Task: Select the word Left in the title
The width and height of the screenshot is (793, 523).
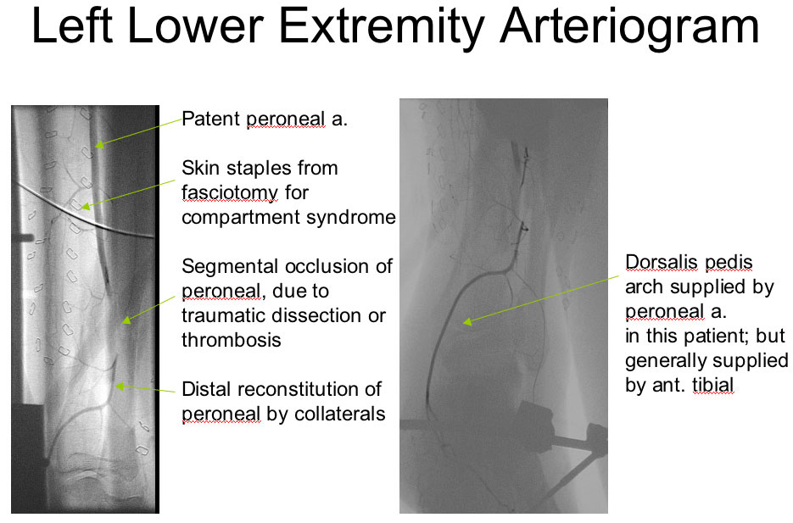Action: click(x=72, y=25)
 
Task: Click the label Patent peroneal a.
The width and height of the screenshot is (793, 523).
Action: click(x=265, y=120)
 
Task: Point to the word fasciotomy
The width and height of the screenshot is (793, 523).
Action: click(x=230, y=193)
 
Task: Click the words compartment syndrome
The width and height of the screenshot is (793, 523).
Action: click(x=288, y=217)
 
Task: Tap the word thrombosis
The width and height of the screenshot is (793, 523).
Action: click(x=232, y=340)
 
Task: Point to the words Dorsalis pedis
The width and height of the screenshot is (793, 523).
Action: click(x=689, y=263)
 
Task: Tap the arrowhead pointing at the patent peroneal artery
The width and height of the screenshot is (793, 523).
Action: click(x=99, y=144)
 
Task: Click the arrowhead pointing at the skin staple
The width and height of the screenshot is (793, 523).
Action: click(x=86, y=206)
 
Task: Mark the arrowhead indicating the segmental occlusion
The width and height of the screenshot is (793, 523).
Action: click(x=126, y=320)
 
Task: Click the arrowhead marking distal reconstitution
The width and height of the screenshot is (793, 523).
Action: click(x=120, y=386)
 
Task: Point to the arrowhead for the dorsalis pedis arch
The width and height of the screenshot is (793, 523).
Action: click(x=468, y=321)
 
